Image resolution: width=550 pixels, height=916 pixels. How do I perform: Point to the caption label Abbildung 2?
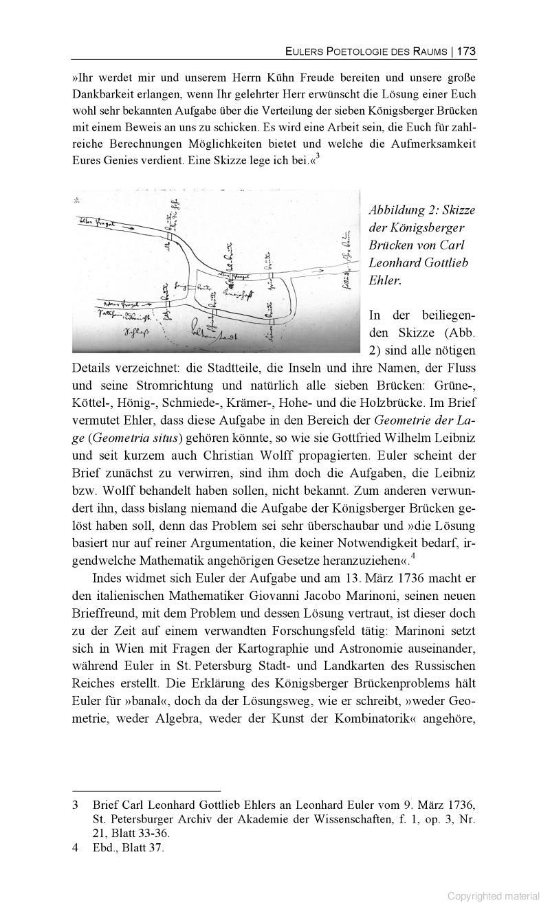click(403, 210)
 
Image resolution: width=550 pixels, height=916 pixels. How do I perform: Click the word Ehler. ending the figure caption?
click(384, 280)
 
